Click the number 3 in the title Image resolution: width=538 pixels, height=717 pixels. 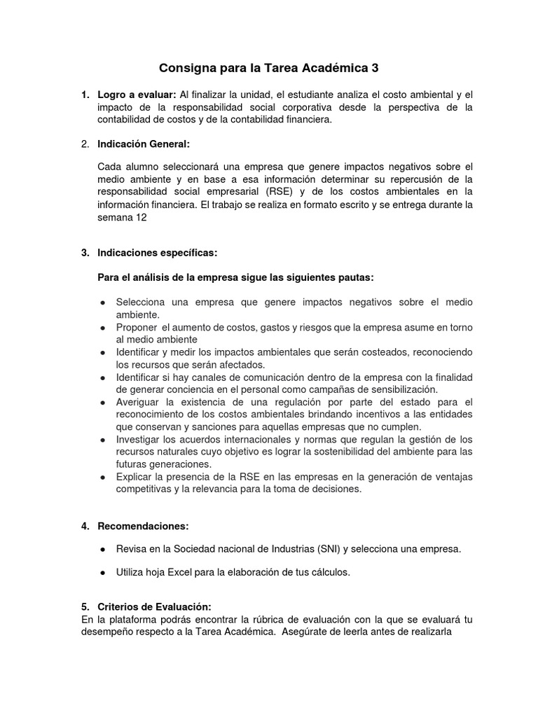375,68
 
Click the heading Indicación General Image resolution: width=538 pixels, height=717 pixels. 144,144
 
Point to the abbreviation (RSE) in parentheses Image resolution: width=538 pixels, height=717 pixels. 279,192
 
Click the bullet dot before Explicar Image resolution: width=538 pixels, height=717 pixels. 103,478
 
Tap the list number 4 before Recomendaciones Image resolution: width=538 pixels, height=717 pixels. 84,526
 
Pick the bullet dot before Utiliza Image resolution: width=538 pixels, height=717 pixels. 103,573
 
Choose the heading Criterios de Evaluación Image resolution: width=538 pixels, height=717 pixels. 154,606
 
